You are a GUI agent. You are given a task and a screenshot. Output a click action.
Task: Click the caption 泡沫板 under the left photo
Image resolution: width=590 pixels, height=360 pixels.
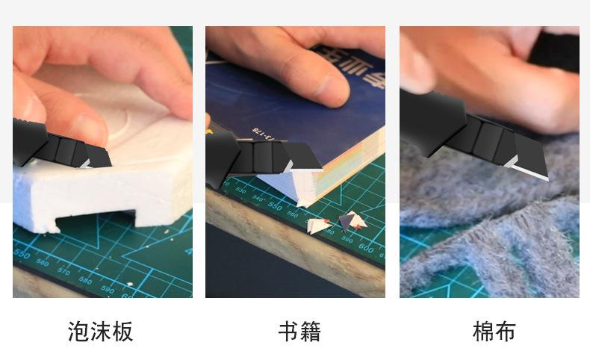(x=100, y=331)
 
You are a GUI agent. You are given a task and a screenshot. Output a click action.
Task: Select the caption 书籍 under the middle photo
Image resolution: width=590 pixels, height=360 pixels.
(x=299, y=331)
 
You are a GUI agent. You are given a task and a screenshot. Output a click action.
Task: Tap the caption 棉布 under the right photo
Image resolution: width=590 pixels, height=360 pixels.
(x=494, y=331)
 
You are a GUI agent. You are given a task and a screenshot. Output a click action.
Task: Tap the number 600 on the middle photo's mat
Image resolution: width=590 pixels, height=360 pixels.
(x=365, y=247)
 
